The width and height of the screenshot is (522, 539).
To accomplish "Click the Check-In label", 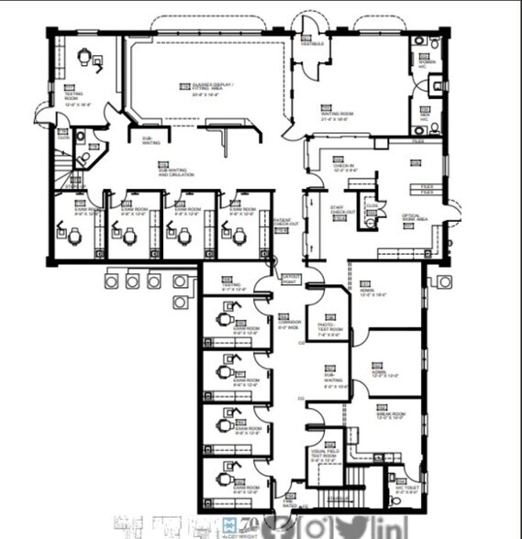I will point(345,168).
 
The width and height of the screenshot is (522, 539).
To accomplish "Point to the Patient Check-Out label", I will point(284,223).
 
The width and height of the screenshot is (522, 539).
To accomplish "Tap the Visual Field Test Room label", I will point(326,452).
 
